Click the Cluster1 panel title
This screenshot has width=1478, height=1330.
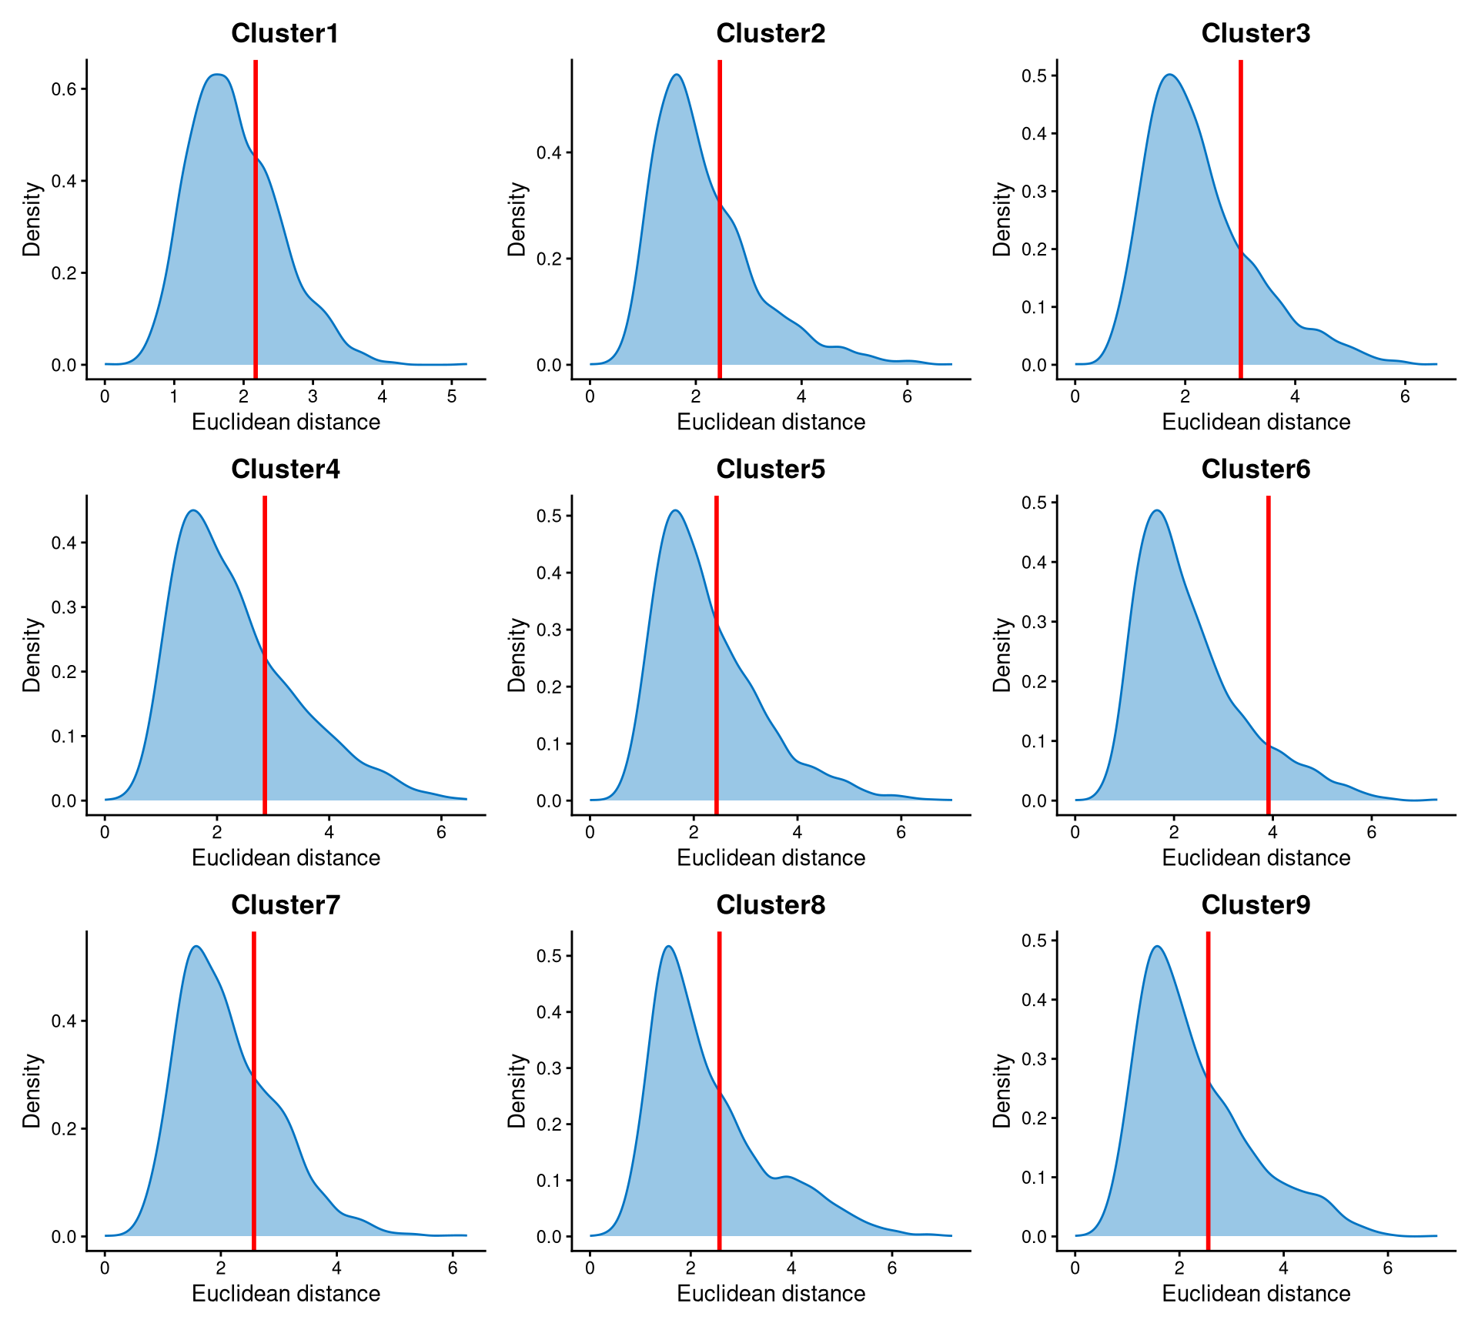(x=285, y=33)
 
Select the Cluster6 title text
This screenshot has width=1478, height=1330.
(x=1256, y=469)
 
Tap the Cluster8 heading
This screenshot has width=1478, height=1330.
(x=771, y=904)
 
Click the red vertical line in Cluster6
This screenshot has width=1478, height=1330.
(x=1268, y=654)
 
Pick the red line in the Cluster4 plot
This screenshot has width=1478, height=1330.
(x=265, y=654)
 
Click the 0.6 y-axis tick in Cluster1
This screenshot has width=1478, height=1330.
(x=64, y=89)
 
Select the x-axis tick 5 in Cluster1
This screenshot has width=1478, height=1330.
(x=452, y=397)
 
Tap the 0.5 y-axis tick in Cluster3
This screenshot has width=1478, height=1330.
(x=1034, y=75)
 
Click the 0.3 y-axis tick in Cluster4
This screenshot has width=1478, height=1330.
(x=64, y=607)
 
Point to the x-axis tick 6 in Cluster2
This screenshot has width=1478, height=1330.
(x=908, y=397)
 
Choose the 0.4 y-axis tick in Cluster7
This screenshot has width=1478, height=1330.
(x=64, y=1021)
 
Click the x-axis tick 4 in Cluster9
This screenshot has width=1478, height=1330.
(x=1283, y=1268)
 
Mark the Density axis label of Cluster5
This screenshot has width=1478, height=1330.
(x=517, y=655)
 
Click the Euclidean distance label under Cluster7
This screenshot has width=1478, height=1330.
(x=286, y=1293)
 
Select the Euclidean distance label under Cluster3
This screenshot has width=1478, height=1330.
(x=1256, y=422)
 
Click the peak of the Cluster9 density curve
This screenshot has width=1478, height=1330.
(x=1156, y=947)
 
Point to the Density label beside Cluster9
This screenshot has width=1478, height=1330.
(x=1001, y=1091)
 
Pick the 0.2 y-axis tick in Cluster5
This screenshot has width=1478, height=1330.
(x=549, y=687)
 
